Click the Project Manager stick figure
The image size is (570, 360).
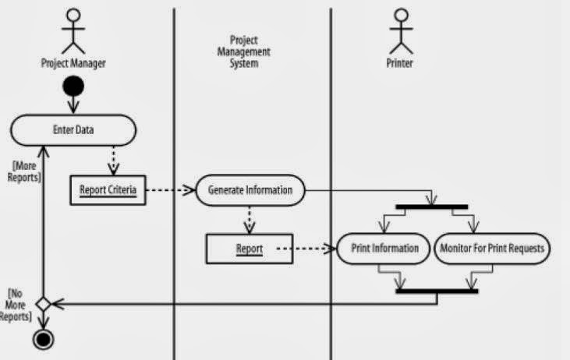coord(74,30)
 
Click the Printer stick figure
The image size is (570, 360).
coord(401,30)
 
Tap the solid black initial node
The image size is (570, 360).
coord(74,86)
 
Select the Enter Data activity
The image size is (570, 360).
coord(73,130)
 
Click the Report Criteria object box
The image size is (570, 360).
coord(108,189)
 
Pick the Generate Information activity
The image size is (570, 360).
coord(250,189)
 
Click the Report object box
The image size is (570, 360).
coord(250,249)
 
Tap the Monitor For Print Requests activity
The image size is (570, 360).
coord(492,249)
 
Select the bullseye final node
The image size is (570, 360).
coord(43,340)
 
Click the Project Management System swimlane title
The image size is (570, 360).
coord(250,51)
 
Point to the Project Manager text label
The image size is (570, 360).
coord(73,64)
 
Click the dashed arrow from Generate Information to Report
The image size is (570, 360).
coord(250,219)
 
